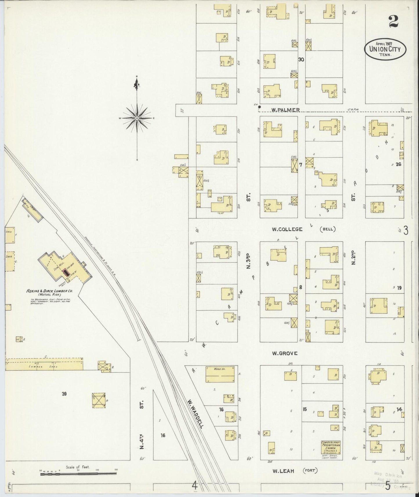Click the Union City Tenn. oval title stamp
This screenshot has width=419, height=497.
pos(385,49)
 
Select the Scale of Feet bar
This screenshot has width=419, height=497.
pos(78,474)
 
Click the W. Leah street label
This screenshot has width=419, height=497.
pos(283,471)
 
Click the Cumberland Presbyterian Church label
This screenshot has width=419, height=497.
pos(330,447)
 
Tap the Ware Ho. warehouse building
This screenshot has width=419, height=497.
pos(220,374)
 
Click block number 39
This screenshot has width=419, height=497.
pos(64,394)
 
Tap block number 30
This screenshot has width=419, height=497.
pos(301,60)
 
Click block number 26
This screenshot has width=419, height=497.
pos(398,164)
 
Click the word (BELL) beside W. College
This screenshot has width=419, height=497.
pos(328,229)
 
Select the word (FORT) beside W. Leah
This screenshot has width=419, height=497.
pos(310,471)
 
